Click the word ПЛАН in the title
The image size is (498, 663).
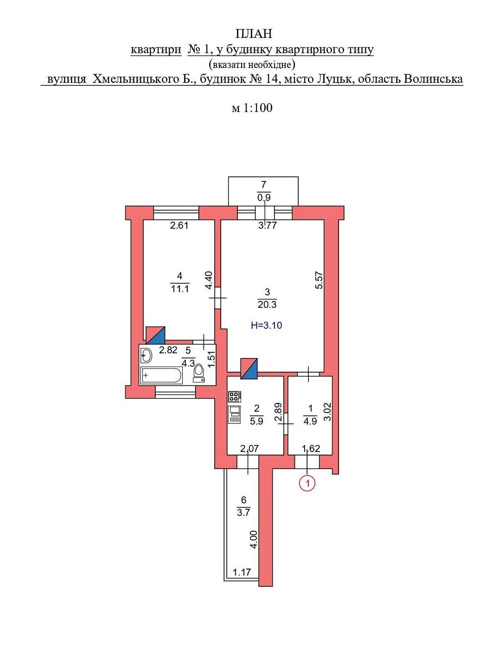click(x=254, y=34)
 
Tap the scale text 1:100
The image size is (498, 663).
click(x=257, y=108)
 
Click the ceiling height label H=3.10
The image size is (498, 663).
click(x=266, y=325)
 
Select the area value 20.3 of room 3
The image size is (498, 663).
click(x=267, y=305)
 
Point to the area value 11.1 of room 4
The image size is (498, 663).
click(x=180, y=289)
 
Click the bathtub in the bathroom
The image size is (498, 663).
click(x=161, y=375)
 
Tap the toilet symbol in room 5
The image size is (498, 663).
click(x=199, y=373)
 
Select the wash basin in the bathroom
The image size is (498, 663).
click(x=146, y=355)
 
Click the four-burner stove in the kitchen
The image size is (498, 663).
click(x=234, y=397)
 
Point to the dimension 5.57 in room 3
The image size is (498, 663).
click(x=319, y=281)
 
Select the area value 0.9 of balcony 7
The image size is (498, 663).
click(x=264, y=198)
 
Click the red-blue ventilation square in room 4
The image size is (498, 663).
click(x=155, y=335)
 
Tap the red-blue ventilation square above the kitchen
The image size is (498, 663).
click(x=249, y=368)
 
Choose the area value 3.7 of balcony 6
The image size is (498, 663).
click(x=243, y=513)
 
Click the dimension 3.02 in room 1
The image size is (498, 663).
click(x=328, y=412)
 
